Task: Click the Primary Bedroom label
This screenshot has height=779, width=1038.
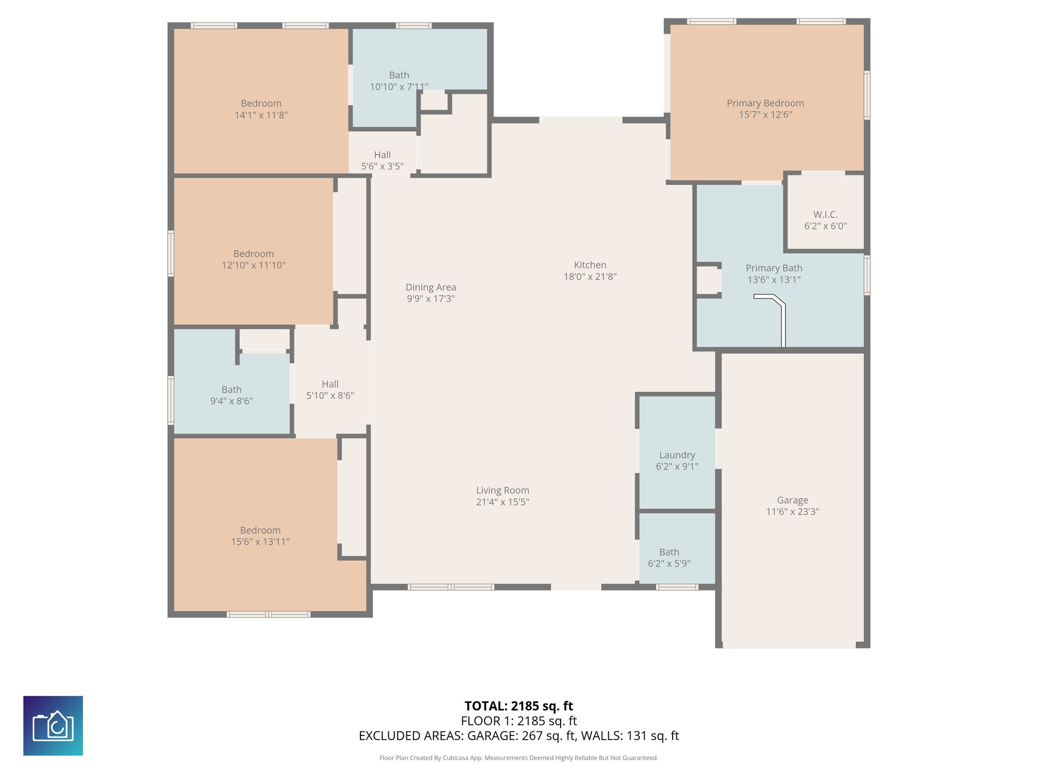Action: tap(765, 103)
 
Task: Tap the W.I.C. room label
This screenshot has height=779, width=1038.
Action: tap(826, 215)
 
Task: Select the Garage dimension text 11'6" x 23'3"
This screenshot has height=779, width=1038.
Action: tap(792, 512)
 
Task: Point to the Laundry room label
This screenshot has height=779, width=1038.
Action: tap(677, 455)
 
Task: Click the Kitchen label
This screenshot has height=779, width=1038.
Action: tap(590, 265)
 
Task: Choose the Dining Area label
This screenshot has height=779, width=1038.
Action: tap(431, 288)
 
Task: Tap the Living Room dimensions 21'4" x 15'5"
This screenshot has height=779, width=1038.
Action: tap(503, 502)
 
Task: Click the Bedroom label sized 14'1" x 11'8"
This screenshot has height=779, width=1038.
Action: tap(261, 103)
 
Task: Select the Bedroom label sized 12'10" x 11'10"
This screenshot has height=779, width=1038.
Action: tap(253, 254)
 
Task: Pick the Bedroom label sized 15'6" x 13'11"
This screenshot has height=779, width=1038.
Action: tap(261, 530)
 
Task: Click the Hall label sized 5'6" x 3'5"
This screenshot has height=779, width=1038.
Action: tap(382, 155)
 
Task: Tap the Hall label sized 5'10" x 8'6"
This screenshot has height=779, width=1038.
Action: tap(330, 384)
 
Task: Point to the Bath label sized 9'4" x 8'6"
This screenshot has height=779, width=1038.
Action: tap(232, 389)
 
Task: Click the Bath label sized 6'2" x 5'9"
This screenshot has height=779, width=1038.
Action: tap(669, 552)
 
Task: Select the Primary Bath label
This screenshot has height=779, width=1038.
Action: tap(774, 268)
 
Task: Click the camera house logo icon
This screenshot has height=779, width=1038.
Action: tap(53, 726)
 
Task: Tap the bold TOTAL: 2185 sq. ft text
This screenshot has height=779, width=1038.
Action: tap(519, 706)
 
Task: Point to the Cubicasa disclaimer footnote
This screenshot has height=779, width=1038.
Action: tap(519, 758)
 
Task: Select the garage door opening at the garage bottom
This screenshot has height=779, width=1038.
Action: tap(789, 645)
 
